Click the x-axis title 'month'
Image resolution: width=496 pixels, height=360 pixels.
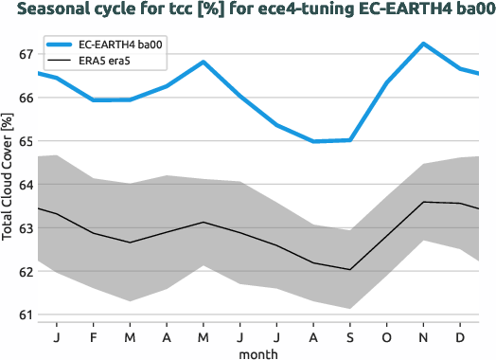(x=258, y=352)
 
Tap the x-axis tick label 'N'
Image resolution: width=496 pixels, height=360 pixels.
(x=423, y=336)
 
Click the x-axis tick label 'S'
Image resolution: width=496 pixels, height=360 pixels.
(x=350, y=336)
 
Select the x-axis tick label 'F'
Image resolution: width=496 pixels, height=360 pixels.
(x=93, y=336)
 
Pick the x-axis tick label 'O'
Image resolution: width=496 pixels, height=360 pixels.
(x=386, y=336)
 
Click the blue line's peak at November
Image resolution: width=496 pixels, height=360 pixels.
(x=423, y=44)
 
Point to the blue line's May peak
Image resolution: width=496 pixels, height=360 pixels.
(x=204, y=62)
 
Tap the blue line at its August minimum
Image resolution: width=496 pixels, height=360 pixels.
(x=313, y=141)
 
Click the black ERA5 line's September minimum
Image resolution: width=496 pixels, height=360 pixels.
(x=350, y=269)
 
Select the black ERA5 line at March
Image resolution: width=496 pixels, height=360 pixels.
(x=130, y=243)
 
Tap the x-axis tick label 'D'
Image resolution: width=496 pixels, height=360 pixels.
(x=460, y=336)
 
